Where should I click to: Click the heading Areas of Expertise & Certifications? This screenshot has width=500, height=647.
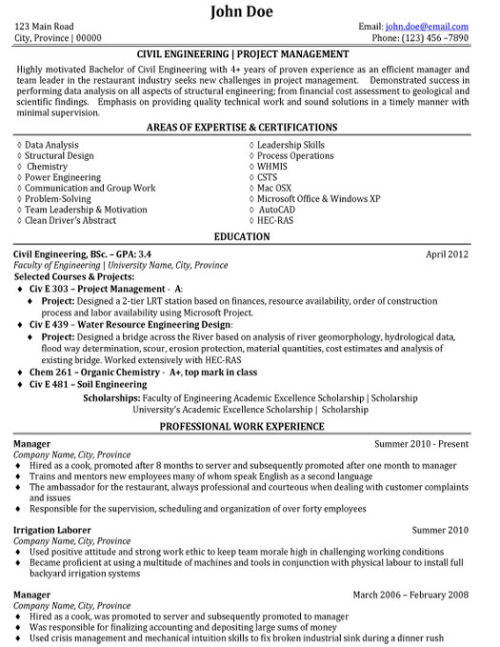[x=250, y=127]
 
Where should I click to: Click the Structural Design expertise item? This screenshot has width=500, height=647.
[x=60, y=155]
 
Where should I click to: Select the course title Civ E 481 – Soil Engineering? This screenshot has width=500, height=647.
[x=87, y=358]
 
